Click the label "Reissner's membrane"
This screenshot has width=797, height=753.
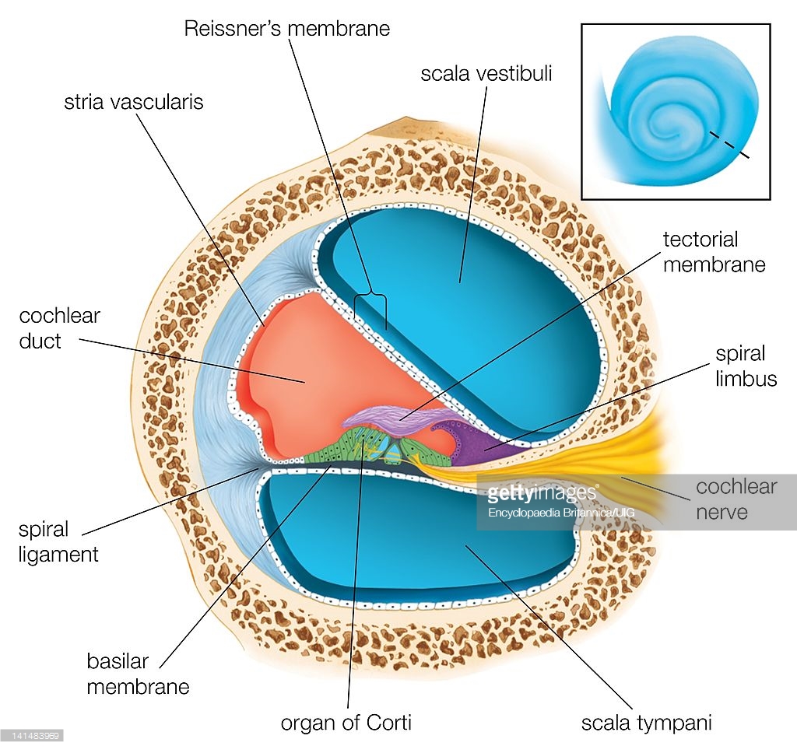(x=286, y=29)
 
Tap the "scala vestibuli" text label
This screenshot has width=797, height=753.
(x=486, y=74)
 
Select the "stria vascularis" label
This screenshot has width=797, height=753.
(x=134, y=102)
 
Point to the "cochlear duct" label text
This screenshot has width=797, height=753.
(x=59, y=328)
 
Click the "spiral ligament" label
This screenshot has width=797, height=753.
(x=58, y=541)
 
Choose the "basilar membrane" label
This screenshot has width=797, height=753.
(x=138, y=674)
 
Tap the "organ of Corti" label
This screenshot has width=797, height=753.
(x=346, y=723)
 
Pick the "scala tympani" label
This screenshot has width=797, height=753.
(x=647, y=723)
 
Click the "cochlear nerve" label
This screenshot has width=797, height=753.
(x=736, y=499)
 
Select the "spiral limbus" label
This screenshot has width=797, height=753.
(x=746, y=366)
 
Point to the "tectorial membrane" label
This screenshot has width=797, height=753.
(x=714, y=252)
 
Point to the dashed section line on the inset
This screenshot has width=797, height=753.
(x=729, y=145)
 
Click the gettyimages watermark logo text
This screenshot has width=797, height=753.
(x=542, y=492)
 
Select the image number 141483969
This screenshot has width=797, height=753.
(x=32, y=736)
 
